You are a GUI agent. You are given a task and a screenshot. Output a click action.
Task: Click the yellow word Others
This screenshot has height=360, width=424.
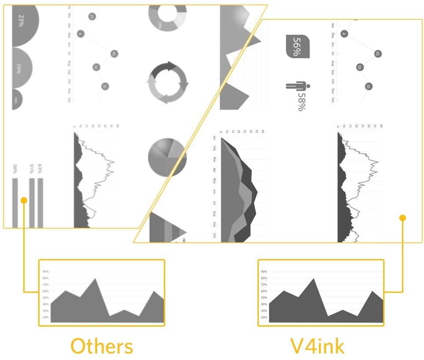point(101,346)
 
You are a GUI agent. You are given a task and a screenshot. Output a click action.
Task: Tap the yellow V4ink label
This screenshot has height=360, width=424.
point(317,346)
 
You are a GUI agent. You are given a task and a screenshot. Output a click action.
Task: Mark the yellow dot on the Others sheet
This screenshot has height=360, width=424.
point(24,200)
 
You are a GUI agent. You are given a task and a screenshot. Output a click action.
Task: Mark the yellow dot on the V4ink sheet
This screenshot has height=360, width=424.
point(402,218)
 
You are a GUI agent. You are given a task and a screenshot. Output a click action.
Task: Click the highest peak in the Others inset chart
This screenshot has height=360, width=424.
point(95,279)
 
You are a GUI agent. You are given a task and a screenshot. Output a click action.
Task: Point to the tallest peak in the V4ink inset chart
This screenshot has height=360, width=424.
point(314,279)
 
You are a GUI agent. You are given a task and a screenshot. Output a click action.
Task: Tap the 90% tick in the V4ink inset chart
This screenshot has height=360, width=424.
point(264,271)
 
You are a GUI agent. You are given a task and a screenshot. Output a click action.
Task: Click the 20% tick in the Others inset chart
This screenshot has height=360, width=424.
point(46,317)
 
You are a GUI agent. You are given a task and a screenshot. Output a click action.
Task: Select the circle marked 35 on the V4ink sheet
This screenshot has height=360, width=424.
point(368,86)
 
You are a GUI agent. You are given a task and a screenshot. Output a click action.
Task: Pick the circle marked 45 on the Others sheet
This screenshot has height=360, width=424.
point(114,54)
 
